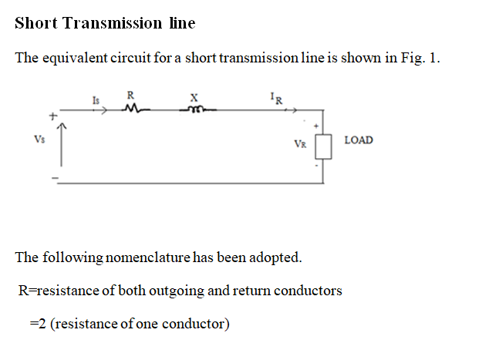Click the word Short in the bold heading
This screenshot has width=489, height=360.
coord(35,23)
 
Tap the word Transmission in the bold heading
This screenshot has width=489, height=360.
coord(111,23)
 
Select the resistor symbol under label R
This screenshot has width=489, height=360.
coord(131,109)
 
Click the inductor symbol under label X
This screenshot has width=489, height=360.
coord(194,109)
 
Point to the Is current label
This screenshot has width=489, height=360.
coord(96,99)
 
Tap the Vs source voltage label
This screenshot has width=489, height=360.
coord(39,140)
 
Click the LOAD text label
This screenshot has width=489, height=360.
coord(359,140)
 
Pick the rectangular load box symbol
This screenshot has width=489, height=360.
coord(323,146)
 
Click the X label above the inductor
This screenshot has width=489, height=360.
coord(194,96)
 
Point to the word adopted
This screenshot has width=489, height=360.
coord(274,257)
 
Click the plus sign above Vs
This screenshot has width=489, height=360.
coord(52,117)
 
